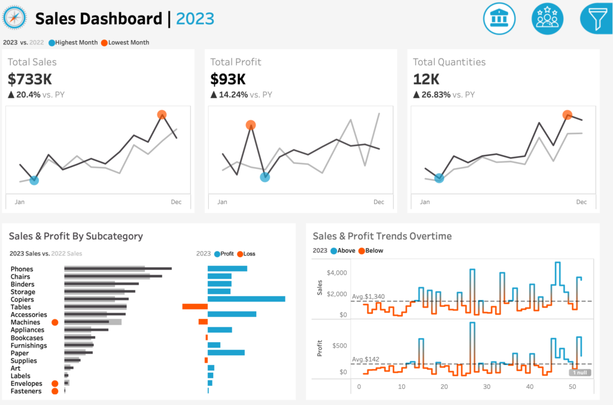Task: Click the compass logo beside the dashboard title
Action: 14,17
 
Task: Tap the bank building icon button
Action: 499,19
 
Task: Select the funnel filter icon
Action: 596,19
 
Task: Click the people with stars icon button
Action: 547,19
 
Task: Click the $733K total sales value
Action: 30,80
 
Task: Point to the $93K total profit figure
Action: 228,80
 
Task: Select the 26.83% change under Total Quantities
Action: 436,95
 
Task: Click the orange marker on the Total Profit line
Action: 251,125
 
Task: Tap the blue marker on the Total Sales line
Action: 34,180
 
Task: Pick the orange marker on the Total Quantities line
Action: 568,115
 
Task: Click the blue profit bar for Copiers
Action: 246,299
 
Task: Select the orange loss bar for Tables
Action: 195,306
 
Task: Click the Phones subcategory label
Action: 22,269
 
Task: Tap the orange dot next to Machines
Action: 54,322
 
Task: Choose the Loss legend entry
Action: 246,254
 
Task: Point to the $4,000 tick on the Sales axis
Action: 336,273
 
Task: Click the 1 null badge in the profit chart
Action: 579,373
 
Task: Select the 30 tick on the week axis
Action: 487,386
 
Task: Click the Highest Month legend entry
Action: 73,42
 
